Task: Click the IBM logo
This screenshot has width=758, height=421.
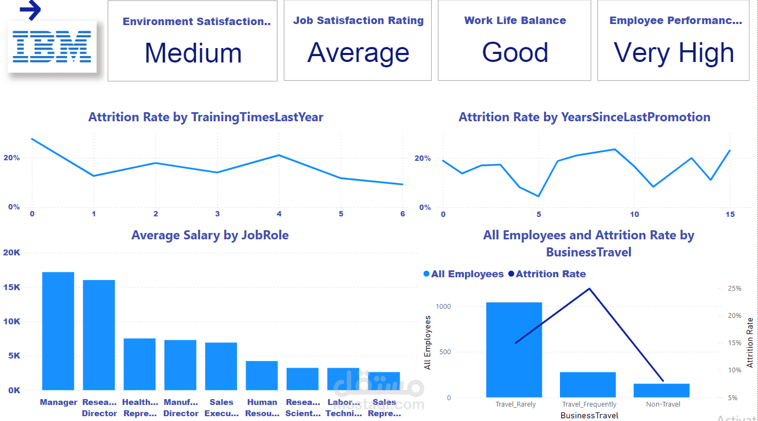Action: pos(52,46)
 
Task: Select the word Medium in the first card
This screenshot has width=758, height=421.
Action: pos(193,53)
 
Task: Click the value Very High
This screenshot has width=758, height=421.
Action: pos(674,53)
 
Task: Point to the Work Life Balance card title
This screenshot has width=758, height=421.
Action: pos(515,21)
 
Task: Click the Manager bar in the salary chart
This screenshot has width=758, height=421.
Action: pos(58,331)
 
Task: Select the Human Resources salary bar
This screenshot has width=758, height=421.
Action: pos(262,376)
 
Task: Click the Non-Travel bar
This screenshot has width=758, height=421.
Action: pos(661,391)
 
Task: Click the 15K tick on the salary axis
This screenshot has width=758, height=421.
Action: pos(11,287)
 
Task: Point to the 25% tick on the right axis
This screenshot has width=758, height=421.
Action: pos(735,289)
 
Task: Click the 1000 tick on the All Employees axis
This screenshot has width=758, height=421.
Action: pos(444,307)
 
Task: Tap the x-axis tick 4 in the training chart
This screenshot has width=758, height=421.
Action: pos(279,214)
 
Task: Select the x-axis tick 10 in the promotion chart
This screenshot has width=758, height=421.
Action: pos(634,215)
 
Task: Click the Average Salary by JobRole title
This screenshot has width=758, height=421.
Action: pos(210,235)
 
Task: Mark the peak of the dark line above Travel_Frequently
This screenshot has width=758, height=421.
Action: pos(589,289)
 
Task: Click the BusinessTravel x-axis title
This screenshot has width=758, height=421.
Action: pos(589,415)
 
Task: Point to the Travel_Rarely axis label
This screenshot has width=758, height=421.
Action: pos(515,404)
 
